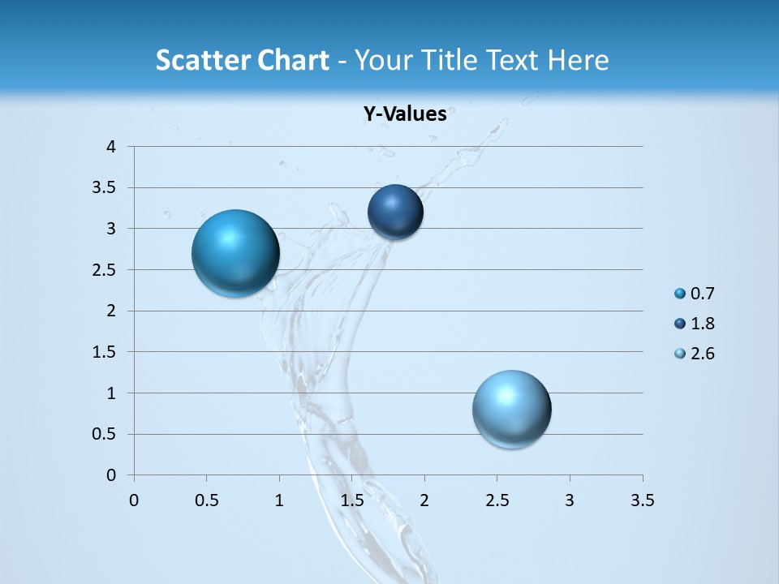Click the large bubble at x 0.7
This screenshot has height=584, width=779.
click(235, 253)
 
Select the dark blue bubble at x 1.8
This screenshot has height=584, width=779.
click(395, 212)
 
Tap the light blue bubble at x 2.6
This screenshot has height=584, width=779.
click(511, 409)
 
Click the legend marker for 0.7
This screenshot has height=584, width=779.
click(679, 294)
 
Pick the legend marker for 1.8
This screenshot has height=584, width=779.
click(679, 324)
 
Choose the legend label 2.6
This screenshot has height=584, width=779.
click(702, 354)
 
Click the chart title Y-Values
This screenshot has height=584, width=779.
click(405, 114)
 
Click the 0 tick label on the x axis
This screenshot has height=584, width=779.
click(134, 500)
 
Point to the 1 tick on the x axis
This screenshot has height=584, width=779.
click(279, 500)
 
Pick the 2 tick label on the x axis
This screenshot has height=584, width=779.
click(424, 500)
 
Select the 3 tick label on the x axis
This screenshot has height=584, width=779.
click(570, 500)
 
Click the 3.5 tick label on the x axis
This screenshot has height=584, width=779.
click(642, 500)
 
